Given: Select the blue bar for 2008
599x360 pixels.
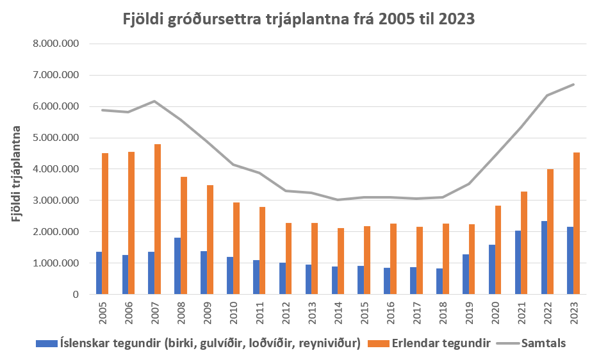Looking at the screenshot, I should [x=177, y=266].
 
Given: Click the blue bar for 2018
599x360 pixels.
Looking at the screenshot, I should [x=439, y=281].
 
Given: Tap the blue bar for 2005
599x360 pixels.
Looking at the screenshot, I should [x=99, y=273].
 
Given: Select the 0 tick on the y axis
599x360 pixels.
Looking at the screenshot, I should [x=74, y=295].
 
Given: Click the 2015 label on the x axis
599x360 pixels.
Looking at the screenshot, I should [x=363, y=313].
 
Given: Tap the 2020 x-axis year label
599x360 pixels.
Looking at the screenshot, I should [x=494, y=313].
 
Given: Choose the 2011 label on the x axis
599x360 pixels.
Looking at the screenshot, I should [x=259, y=313].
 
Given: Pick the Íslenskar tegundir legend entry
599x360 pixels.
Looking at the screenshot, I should [x=199, y=343].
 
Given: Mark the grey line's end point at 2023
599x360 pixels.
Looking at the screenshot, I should [x=573, y=85].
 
